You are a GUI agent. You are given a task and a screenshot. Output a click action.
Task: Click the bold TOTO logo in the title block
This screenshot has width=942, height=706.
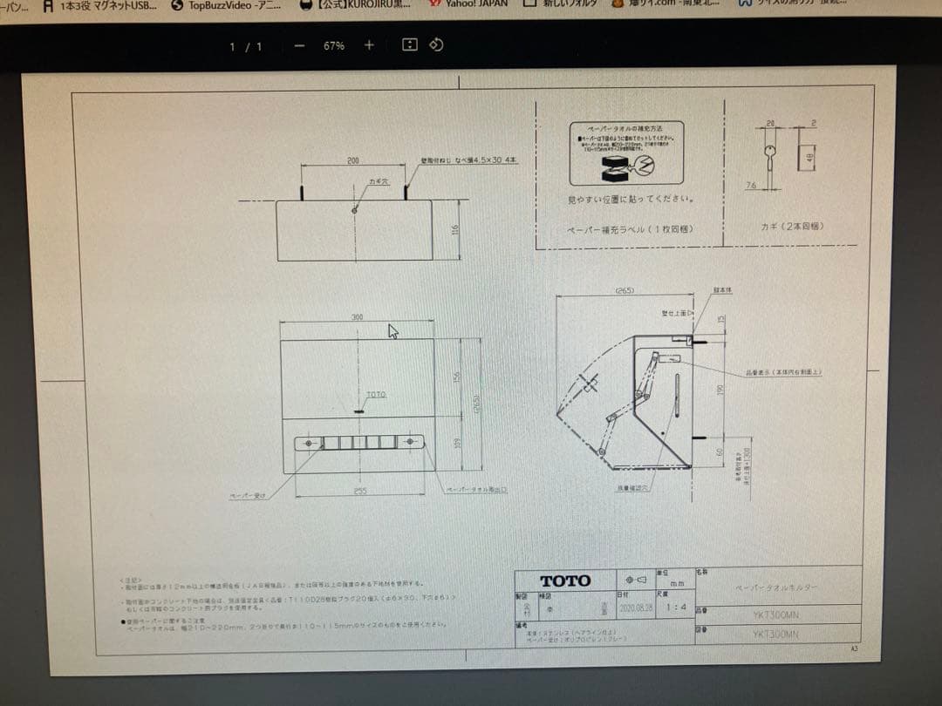tap(565, 580)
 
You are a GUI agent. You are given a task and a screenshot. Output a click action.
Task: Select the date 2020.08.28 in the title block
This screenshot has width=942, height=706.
tap(635, 607)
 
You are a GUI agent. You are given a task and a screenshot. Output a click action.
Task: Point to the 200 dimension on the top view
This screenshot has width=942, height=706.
tap(352, 161)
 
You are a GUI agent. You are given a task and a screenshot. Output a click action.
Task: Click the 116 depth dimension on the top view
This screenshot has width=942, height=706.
tap(455, 230)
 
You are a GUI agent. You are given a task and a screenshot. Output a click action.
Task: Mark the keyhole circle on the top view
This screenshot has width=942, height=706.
tap(354, 210)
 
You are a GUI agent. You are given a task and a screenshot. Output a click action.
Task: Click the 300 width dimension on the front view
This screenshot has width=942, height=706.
tap(357, 317)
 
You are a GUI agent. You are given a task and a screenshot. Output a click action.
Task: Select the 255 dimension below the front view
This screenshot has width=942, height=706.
tap(360, 491)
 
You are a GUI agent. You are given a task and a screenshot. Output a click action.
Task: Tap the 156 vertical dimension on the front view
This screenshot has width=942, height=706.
tap(457, 376)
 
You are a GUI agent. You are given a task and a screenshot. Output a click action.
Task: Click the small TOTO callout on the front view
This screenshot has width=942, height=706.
tap(376, 395)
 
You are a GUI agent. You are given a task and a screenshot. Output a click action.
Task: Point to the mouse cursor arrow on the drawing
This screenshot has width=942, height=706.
tap(392, 331)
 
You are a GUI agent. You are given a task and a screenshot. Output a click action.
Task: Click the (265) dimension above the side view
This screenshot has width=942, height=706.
tap(624, 290)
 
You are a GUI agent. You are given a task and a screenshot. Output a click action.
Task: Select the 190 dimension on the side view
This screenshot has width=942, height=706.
tap(720, 389)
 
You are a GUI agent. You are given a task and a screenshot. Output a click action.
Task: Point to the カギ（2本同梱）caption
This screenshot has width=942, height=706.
tap(792, 227)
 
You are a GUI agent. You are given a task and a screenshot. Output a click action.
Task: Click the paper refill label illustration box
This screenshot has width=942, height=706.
tap(626, 153)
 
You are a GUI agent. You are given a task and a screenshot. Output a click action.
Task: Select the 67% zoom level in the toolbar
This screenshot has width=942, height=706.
tap(333, 46)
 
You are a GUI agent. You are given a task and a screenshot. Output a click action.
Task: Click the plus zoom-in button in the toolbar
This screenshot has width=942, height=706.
tap(369, 45)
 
